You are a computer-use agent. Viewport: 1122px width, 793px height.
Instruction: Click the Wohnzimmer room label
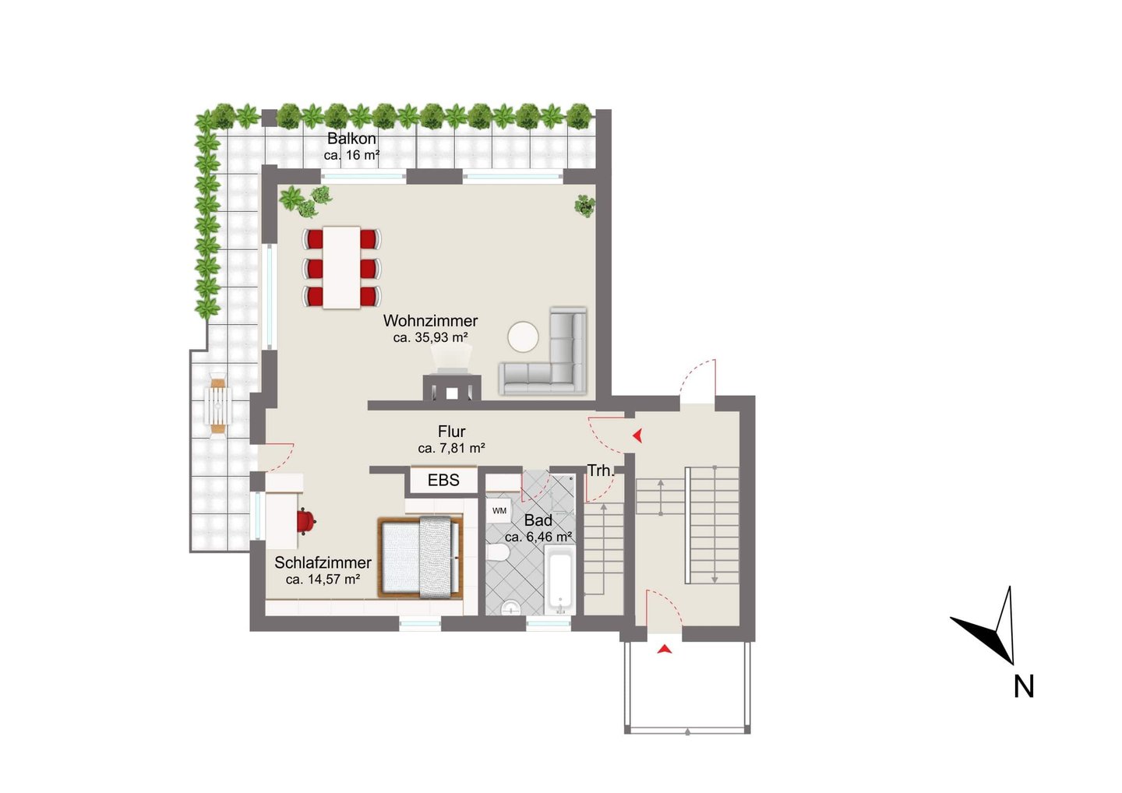(430, 320)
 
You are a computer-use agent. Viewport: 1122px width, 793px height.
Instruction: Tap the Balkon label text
(351, 138)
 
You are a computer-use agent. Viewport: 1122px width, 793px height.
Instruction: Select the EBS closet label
(443, 480)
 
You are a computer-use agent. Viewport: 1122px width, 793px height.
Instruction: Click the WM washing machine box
(499, 511)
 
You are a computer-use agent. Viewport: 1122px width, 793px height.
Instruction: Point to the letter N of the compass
(1024, 687)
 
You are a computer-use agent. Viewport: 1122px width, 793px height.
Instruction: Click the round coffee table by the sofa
(523, 337)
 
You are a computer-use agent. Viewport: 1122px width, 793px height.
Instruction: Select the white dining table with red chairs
(341, 267)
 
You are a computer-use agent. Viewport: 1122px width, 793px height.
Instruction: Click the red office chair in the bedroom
(305, 521)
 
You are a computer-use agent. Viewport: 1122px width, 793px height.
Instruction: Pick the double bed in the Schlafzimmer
(420, 558)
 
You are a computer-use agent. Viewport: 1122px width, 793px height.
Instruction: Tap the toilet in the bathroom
(498, 553)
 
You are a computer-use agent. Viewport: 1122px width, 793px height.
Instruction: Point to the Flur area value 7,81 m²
(451, 449)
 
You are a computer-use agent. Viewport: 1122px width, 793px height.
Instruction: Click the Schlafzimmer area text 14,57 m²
(323, 580)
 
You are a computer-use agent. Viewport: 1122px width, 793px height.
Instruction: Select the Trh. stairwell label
(600, 471)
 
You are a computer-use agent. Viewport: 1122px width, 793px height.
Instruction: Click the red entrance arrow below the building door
(664, 650)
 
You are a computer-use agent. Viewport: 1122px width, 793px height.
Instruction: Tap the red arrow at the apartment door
(637, 435)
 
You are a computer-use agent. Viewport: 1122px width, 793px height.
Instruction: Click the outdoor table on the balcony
(218, 406)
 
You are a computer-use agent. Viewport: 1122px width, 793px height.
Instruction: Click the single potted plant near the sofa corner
(584, 206)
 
